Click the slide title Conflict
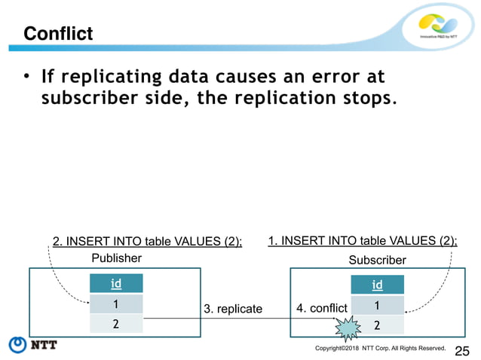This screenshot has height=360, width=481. click(58, 34)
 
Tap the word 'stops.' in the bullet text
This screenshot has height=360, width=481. click(369, 99)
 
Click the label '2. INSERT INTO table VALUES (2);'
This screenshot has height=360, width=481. click(147, 241)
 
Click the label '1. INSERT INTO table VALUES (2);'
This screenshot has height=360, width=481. click(363, 241)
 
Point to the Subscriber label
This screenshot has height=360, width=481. click(377, 260)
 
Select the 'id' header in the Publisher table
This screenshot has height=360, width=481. click(116, 285)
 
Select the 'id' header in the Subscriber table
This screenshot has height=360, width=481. click(376, 285)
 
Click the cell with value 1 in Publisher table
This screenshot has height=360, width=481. click(116, 304)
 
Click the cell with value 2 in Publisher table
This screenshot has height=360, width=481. click(116, 324)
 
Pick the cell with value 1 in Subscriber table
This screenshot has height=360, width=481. click(376, 305)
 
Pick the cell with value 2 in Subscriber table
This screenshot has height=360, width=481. click(376, 325)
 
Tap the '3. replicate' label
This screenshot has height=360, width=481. click(233, 309)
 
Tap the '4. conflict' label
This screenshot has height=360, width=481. click(322, 308)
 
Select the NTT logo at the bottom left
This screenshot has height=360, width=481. click(34, 346)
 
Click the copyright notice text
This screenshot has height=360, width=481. click(380, 349)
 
